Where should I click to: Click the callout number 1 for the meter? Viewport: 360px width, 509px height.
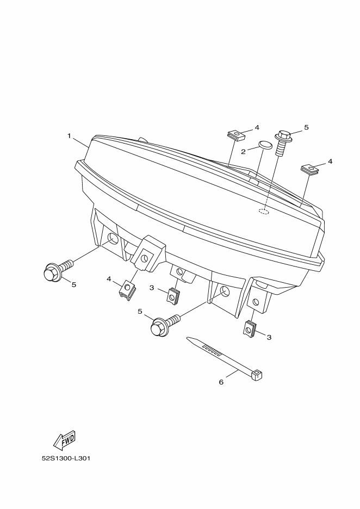coord(69,136)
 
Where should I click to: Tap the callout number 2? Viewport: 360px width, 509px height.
coord(243,151)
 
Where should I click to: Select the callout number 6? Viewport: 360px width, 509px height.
coord(221,382)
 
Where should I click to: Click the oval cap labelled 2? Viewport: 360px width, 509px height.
coord(265,145)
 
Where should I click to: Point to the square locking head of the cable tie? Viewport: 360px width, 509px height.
coord(257,375)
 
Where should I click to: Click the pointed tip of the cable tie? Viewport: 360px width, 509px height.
coord(187,338)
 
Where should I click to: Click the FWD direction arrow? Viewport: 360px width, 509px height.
coord(65,440)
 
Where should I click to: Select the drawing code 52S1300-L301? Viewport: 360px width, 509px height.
coord(66,458)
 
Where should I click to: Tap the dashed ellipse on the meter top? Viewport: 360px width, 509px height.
coord(264,212)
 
